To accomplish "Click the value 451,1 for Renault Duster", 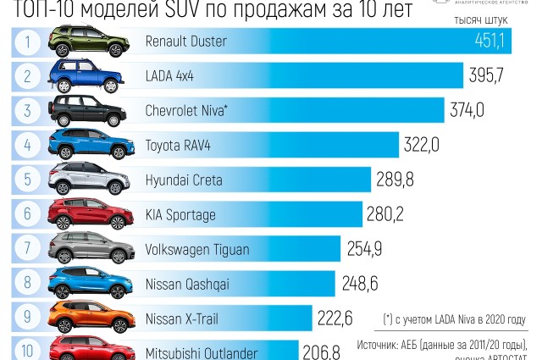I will [490, 42].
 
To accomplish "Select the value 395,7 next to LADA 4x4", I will [486, 75].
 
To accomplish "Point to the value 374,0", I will [467, 110].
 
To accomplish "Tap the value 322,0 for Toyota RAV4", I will [421, 145].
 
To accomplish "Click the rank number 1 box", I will [28, 42].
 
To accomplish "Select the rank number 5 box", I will [28, 180].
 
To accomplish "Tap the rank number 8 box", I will [28, 283].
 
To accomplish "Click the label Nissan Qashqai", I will [187, 283].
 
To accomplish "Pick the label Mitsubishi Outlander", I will [202, 352].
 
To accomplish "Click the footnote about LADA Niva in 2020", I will [453, 320].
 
